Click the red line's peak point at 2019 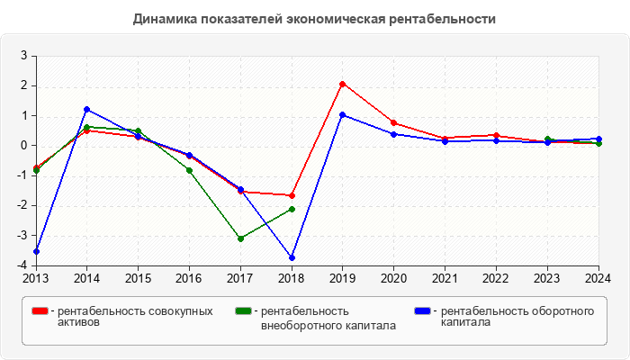pyautogui.click(x=343, y=84)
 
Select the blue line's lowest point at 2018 pyautogui.click(x=292, y=257)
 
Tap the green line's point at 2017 pyautogui.click(x=240, y=238)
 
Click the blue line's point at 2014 pyautogui.click(x=87, y=109)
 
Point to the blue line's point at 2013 pyautogui.click(x=36, y=251)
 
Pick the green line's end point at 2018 pyautogui.click(x=292, y=209)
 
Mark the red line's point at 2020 pyautogui.click(x=394, y=122)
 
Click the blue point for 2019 pyautogui.click(x=343, y=114)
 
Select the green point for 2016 pyautogui.click(x=189, y=170)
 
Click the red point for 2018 pyautogui.click(x=292, y=195)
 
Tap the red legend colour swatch pyautogui.click(x=40, y=311)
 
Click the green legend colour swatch pyautogui.click(x=243, y=311)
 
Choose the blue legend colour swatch pyautogui.click(x=422, y=311)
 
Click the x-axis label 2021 pyautogui.click(x=445, y=277)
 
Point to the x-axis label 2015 pyautogui.click(x=138, y=277)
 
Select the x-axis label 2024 pyautogui.click(x=598, y=277)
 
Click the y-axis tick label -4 pyautogui.click(x=23, y=265)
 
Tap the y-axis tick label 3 pyautogui.click(x=25, y=56)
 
